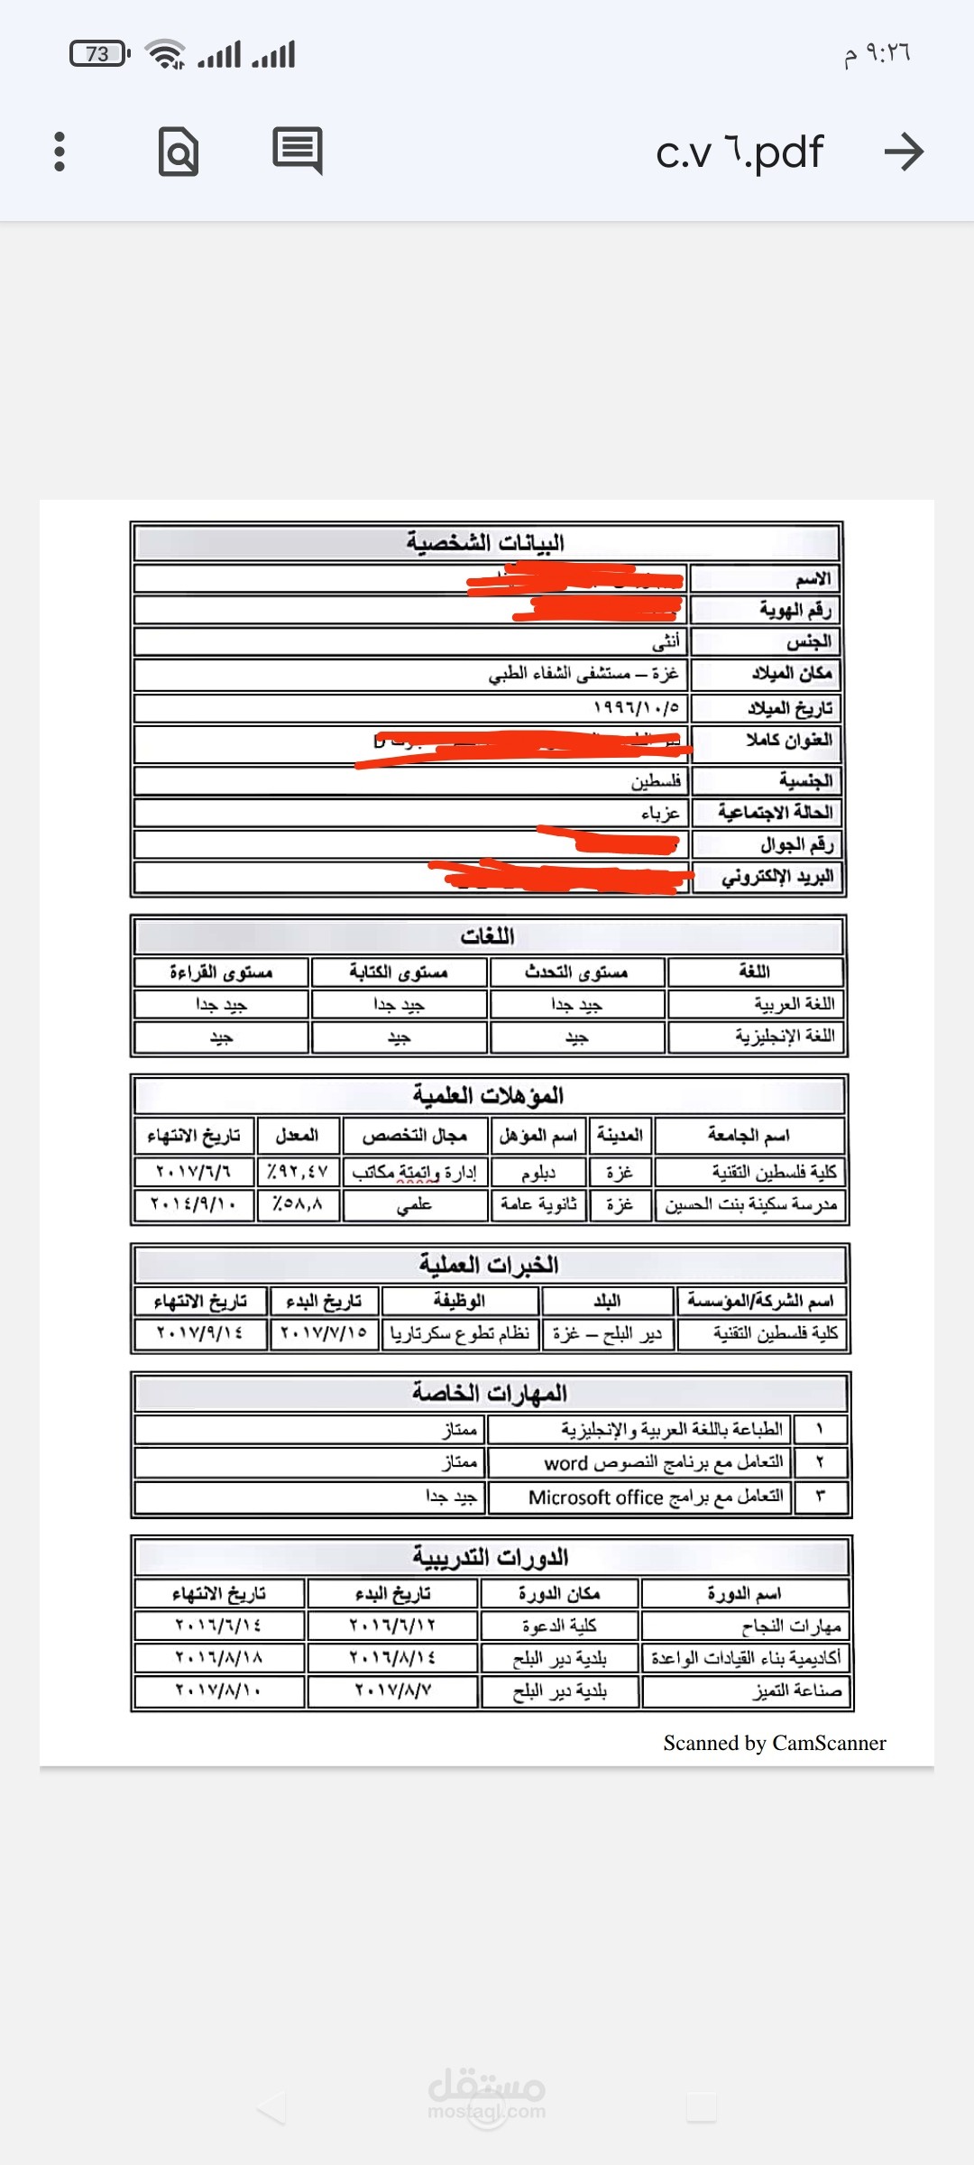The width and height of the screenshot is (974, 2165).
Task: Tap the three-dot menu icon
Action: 60,152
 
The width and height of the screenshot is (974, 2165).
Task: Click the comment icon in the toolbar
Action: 297,151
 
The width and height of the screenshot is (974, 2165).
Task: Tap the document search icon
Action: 179,152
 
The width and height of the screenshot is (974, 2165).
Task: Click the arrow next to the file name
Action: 904,152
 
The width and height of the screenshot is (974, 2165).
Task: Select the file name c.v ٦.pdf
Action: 740,152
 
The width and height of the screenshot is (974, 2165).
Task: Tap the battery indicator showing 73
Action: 99,54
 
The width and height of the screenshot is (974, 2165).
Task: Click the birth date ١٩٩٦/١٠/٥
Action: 637,707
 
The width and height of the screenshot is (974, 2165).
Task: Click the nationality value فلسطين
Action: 657,780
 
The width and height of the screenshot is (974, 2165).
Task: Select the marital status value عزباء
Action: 660,813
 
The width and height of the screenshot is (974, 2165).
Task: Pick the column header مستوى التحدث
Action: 576,972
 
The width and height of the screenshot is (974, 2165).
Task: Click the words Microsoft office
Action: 595,1497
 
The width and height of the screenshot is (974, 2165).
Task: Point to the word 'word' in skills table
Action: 565,1463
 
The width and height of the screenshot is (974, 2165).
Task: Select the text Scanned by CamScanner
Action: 775,1743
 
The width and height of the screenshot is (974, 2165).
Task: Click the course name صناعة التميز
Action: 797,1691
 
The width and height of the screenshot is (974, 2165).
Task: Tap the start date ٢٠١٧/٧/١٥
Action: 324,1332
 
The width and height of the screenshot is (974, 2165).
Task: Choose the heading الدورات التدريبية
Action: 491,1557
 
